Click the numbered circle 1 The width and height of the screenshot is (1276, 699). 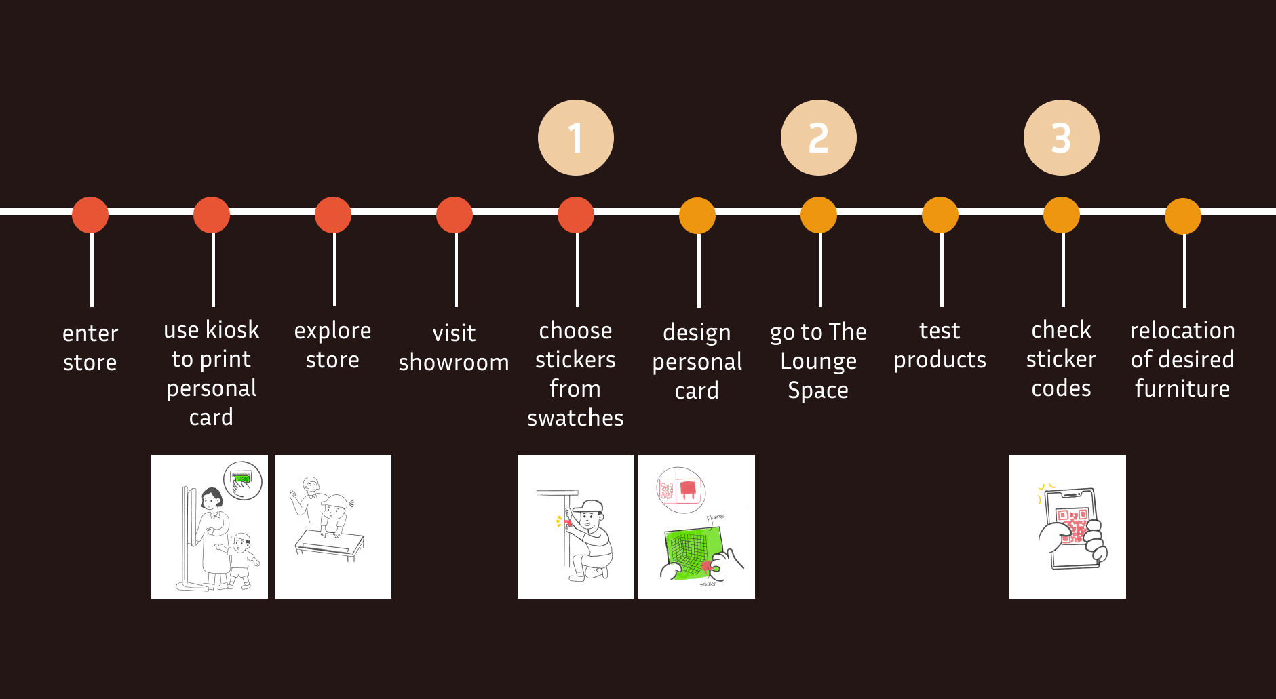click(575, 138)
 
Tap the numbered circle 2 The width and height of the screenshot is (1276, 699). click(818, 138)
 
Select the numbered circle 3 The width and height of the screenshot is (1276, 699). click(1061, 138)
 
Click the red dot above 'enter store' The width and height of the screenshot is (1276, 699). click(90, 215)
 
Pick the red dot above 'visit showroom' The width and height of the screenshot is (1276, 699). click(455, 215)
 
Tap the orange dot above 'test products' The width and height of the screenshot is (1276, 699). click(940, 215)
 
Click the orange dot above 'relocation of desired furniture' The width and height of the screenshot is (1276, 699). click(1183, 216)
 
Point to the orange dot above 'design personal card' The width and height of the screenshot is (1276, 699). click(697, 216)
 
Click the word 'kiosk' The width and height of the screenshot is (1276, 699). click(233, 330)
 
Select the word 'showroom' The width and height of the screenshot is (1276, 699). click(454, 363)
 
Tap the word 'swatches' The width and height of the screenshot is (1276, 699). click(575, 418)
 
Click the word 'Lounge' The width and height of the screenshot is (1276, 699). click(818, 361)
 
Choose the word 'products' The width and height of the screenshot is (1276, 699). click(940, 360)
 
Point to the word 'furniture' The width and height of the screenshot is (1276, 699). click(1182, 389)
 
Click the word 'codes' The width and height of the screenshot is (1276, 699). click(1061, 388)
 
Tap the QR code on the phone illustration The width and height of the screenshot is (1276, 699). click(1073, 526)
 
